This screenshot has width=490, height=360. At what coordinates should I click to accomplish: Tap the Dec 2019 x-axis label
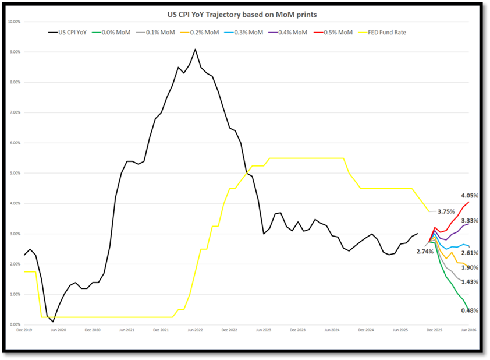pos(24,330)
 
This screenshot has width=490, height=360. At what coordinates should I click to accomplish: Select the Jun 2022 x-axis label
pos(195,330)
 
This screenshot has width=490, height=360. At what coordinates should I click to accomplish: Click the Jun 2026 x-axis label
pos(469,330)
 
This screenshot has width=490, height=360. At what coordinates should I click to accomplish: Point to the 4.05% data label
pos(469,196)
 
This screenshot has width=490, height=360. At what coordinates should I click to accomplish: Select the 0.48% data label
pos(469,311)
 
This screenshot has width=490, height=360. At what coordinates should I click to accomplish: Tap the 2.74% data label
pos(425,251)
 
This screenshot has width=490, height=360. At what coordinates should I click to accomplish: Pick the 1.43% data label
pos(469,282)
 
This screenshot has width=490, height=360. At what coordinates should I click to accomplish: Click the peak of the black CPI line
pos(195,49)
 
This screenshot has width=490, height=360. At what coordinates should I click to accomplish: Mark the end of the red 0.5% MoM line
pos(469,202)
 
